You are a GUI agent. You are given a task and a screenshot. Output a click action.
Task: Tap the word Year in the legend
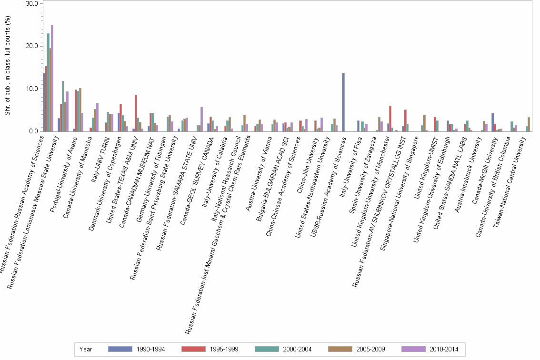pos(86,349)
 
